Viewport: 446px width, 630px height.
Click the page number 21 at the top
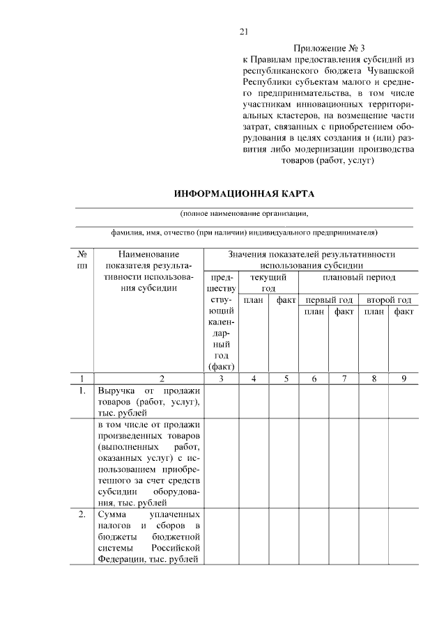click(244, 31)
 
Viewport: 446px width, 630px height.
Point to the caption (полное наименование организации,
click(243, 214)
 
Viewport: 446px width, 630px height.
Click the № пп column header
click(82, 260)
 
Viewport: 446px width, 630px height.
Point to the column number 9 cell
click(403, 379)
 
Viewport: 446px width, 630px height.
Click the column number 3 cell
click(221, 379)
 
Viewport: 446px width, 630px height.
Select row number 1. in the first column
click(82, 391)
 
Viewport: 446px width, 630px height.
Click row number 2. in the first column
click(82, 514)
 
